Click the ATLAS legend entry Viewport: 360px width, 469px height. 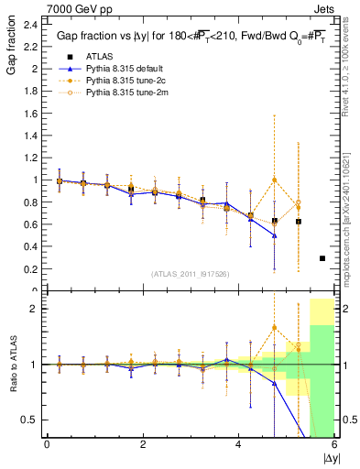99,56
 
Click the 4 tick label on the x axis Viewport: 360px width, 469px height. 238,444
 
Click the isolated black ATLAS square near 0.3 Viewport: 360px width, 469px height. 322,258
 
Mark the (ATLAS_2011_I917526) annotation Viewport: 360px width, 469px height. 190,275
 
